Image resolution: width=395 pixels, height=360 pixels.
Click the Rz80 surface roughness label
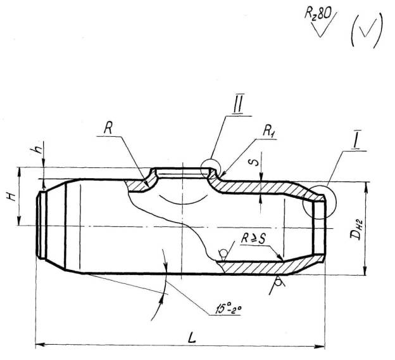317,13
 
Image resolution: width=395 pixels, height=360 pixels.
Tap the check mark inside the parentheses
367,30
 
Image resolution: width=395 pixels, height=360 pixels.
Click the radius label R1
268,131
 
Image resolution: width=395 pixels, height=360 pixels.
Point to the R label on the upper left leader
108,129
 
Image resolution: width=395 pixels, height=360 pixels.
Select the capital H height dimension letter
12,196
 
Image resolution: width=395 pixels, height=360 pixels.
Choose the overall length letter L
192,337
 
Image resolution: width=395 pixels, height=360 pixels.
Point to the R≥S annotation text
253,238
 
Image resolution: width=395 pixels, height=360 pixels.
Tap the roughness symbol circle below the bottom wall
278,283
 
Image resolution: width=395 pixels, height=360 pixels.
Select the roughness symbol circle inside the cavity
223,252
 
